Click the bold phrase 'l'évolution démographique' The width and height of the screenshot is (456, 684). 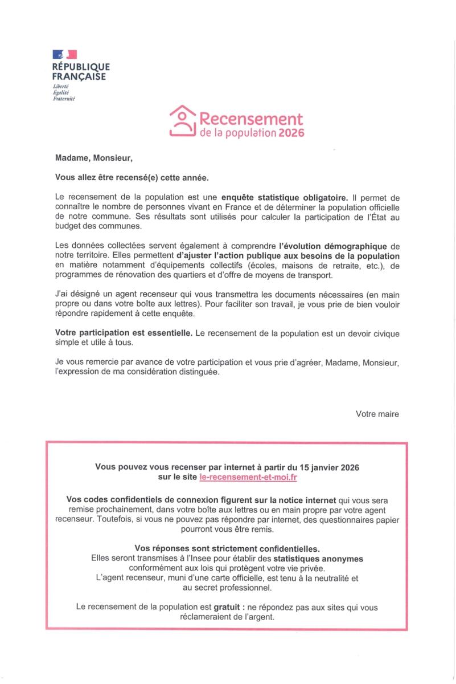click(331, 246)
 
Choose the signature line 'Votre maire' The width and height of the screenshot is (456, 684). click(377, 414)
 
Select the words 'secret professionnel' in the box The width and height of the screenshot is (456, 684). click(234, 587)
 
